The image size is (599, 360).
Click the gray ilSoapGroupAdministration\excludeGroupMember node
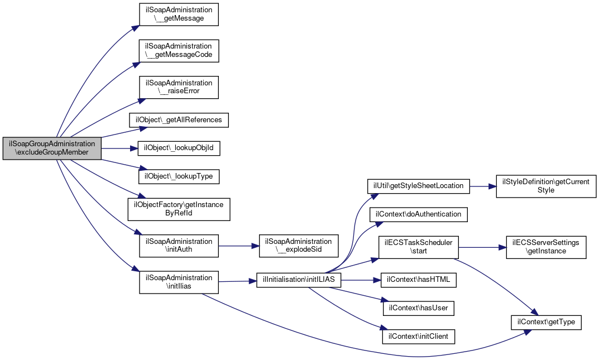[52, 148]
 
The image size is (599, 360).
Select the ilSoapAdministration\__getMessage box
[179, 15]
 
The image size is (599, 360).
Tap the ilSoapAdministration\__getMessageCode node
[179, 51]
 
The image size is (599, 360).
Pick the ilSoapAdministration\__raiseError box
[179, 88]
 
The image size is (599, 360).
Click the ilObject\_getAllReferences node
[179, 120]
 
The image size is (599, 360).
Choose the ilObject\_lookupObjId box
[179, 148]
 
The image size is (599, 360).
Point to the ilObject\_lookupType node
[179, 176]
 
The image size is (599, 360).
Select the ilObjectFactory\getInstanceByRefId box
[179, 209]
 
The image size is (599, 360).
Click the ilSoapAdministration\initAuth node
[179, 246]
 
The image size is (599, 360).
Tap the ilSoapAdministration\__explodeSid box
[299, 246]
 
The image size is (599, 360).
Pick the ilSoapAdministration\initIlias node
[179, 282]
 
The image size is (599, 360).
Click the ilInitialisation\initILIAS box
[299, 280]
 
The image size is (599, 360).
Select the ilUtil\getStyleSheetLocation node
[418, 186]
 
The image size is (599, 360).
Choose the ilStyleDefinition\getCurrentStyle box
[546, 186]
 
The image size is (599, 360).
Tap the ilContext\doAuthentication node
[418, 214]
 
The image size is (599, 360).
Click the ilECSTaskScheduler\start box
[418, 247]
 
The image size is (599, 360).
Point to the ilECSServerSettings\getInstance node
[546, 247]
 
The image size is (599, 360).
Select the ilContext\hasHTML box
[418, 280]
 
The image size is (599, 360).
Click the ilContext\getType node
[546, 322]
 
